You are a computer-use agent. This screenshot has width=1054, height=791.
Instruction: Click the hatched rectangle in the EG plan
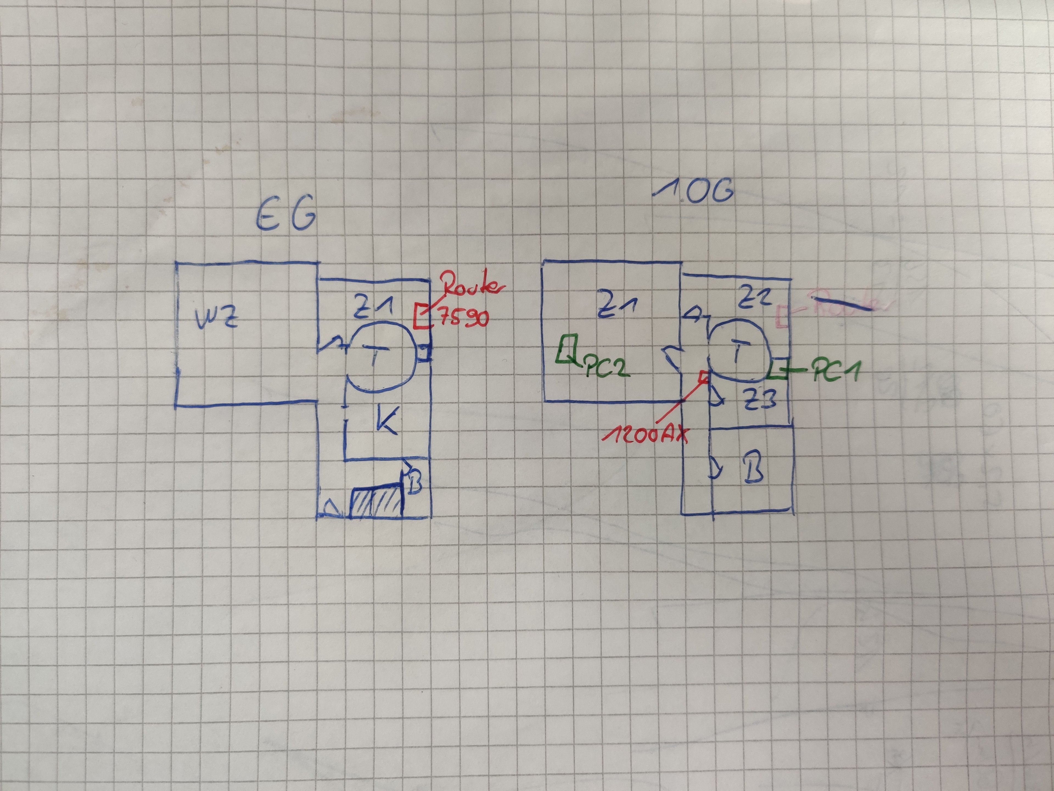pyautogui.click(x=376, y=501)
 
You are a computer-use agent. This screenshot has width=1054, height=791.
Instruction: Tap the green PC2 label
pyautogui.click(x=605, y=367)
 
